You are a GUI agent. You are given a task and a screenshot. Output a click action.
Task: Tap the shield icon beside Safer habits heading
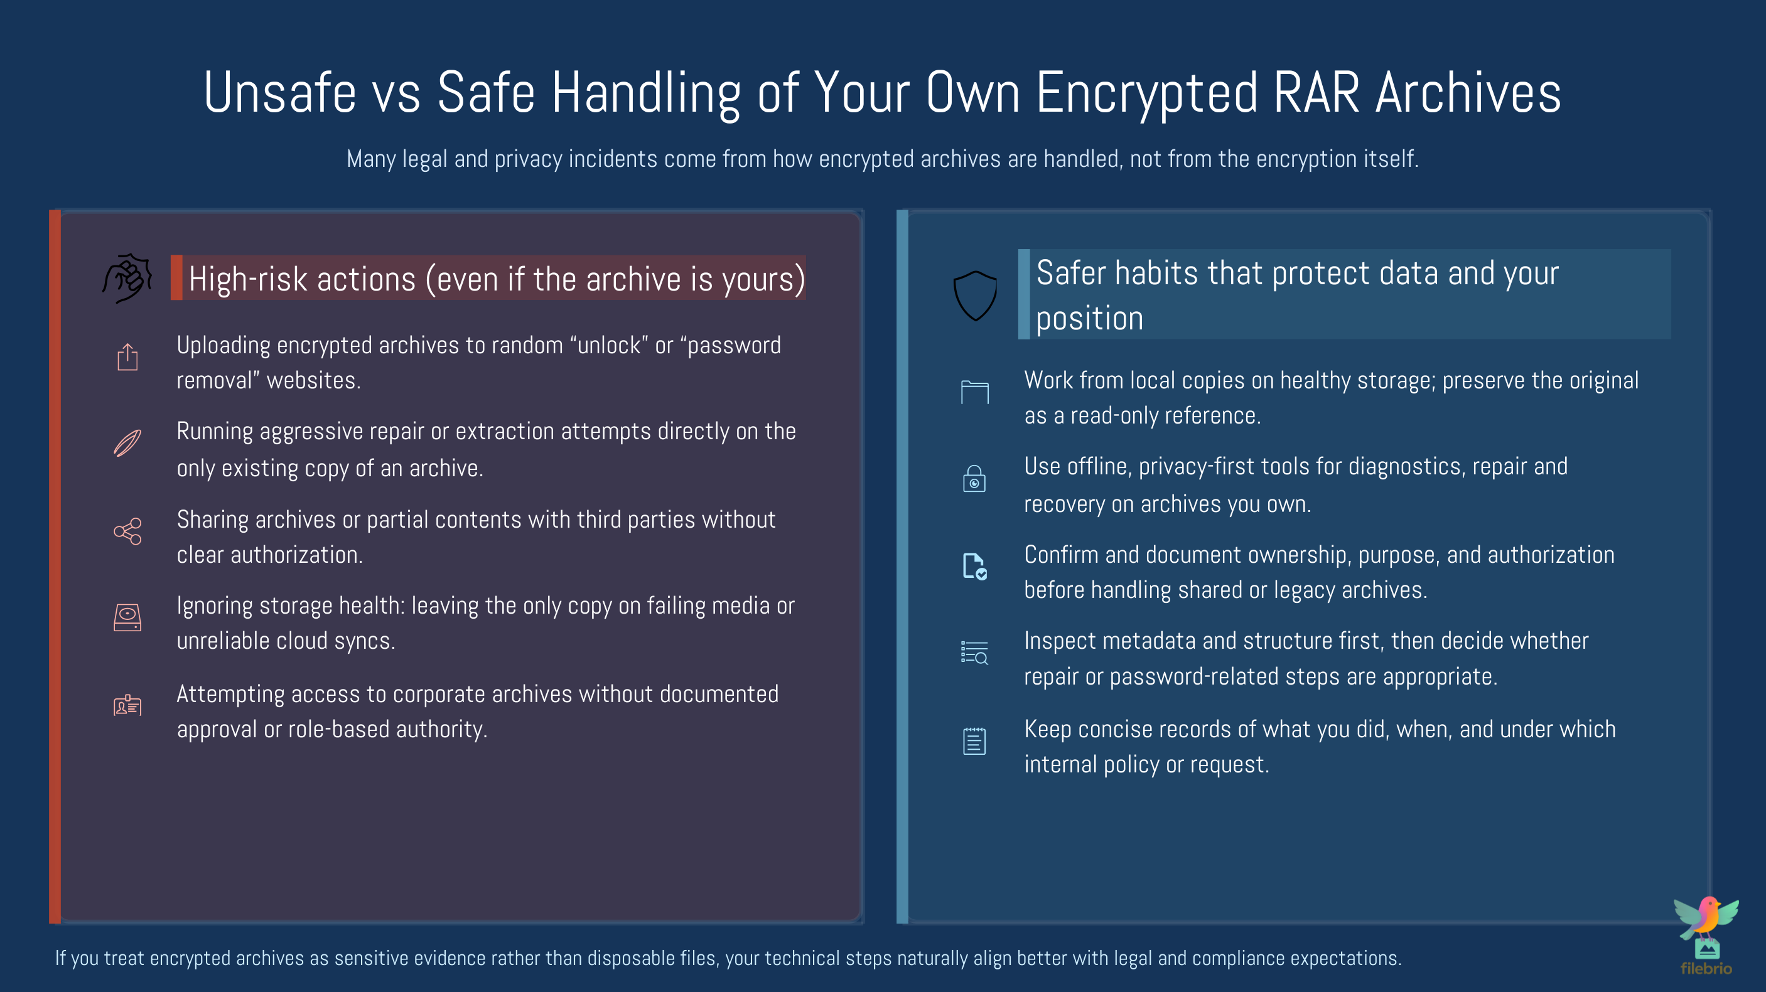[975, 296]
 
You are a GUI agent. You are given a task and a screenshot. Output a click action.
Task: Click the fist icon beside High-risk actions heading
[127, 278]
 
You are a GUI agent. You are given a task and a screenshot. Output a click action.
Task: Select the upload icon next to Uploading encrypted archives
[127, 357]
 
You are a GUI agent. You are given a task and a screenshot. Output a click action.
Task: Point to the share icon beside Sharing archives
[127, 531]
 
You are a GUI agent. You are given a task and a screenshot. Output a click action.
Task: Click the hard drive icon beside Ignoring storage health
[127, 617]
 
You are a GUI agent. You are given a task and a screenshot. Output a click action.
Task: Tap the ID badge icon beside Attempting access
[127, 705]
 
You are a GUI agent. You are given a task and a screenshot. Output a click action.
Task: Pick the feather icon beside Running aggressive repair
[127, 443]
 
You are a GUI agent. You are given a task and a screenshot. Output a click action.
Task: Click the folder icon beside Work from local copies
[975, 392]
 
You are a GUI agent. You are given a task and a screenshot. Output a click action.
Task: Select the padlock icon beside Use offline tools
[974, 479]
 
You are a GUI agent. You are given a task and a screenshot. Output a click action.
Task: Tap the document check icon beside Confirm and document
[975, 567]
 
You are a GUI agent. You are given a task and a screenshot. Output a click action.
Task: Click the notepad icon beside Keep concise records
[974, 740]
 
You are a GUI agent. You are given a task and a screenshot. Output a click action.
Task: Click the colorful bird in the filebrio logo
[1706, 918]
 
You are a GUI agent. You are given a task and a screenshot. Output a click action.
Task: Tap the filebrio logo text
[1706, 969]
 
